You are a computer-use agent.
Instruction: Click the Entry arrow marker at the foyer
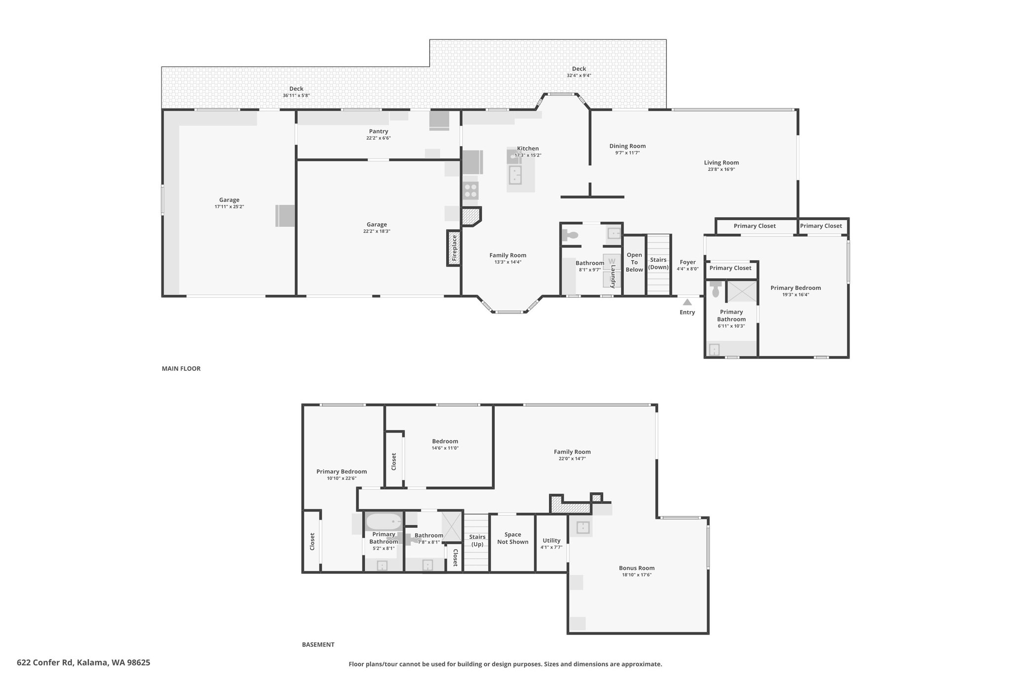687,302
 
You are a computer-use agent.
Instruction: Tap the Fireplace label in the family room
454,248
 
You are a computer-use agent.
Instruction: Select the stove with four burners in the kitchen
470,191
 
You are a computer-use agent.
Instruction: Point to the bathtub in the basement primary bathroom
384,521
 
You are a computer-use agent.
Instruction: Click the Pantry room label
379,131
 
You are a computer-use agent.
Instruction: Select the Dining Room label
627,146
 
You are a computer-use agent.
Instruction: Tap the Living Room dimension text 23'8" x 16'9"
721,169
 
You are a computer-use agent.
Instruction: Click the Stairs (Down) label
658,264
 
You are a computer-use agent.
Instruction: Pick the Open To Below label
634,262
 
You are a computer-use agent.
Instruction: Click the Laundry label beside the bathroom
613,277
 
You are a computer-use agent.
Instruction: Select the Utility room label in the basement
551,541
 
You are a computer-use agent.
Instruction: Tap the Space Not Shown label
513,538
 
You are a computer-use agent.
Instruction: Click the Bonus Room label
637,568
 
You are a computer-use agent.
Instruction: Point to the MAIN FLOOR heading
181,368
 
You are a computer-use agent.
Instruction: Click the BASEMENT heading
318,644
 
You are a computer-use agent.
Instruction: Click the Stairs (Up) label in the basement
477,541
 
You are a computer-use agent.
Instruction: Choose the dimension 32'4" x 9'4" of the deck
579,76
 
